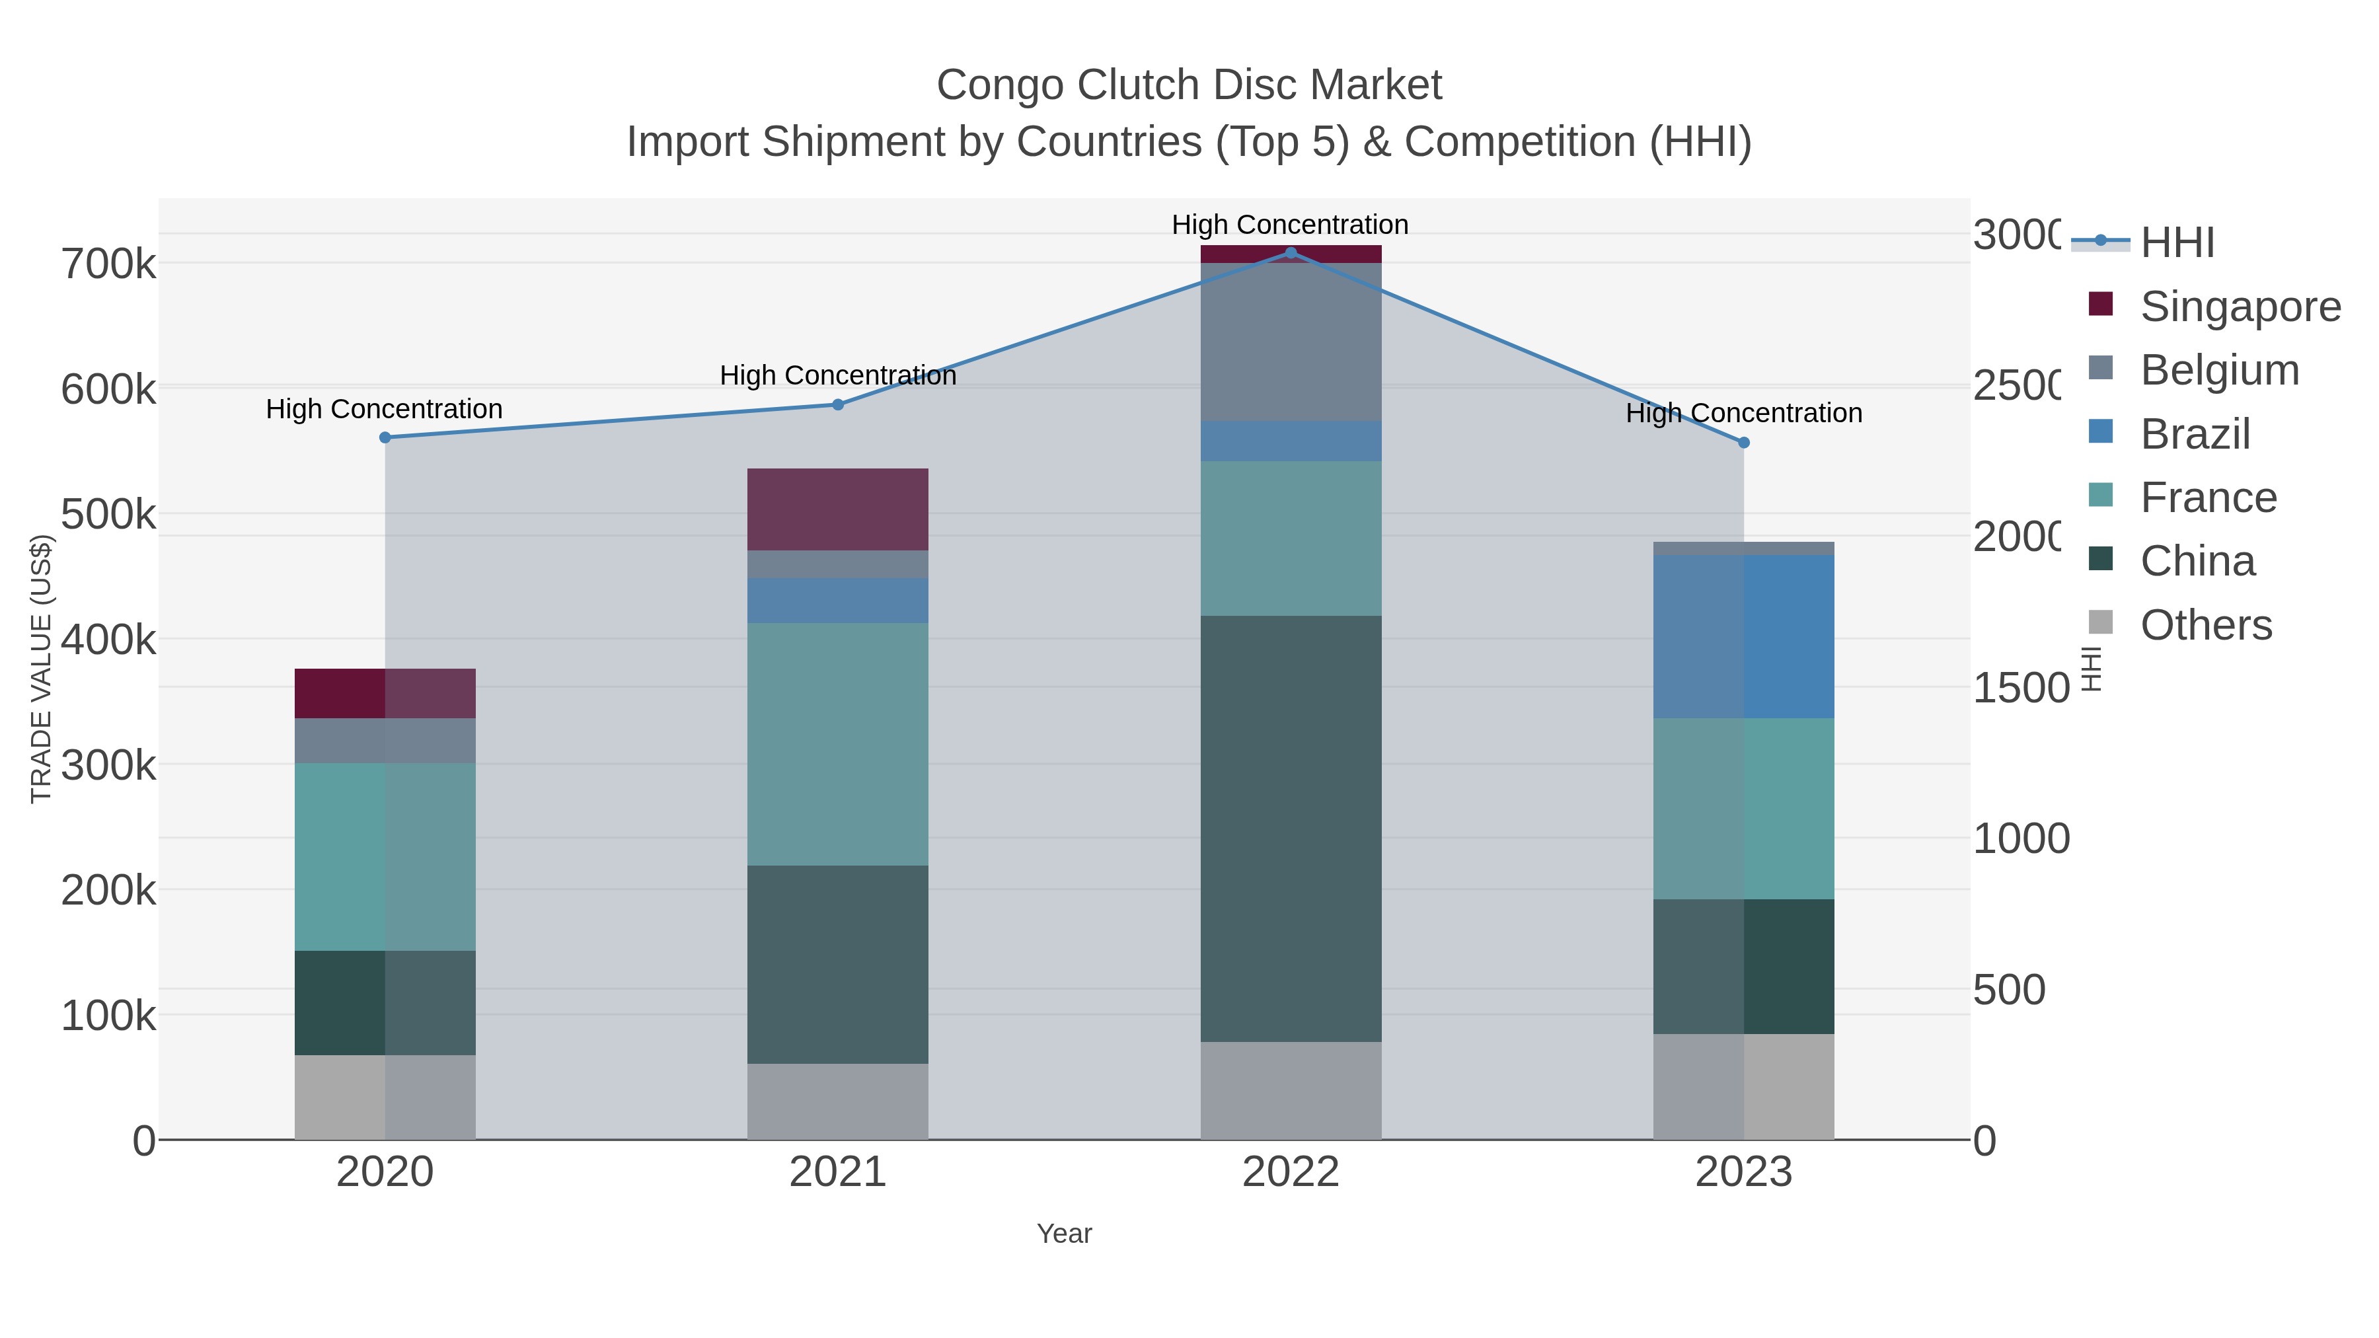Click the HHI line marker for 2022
[x=1290, y=253]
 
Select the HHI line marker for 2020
[x=385, y=437]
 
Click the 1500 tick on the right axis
[x=2021, y=688]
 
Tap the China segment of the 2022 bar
[x=1290, y=829]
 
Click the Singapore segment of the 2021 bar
[x=838, y=509]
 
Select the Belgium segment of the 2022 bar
[x=1290, y=342]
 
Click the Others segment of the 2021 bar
[x=838, y=1101]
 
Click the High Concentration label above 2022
[x=1290, y=225]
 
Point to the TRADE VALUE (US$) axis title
[x=40, y=669]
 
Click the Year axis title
[x=1064, y=1234]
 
